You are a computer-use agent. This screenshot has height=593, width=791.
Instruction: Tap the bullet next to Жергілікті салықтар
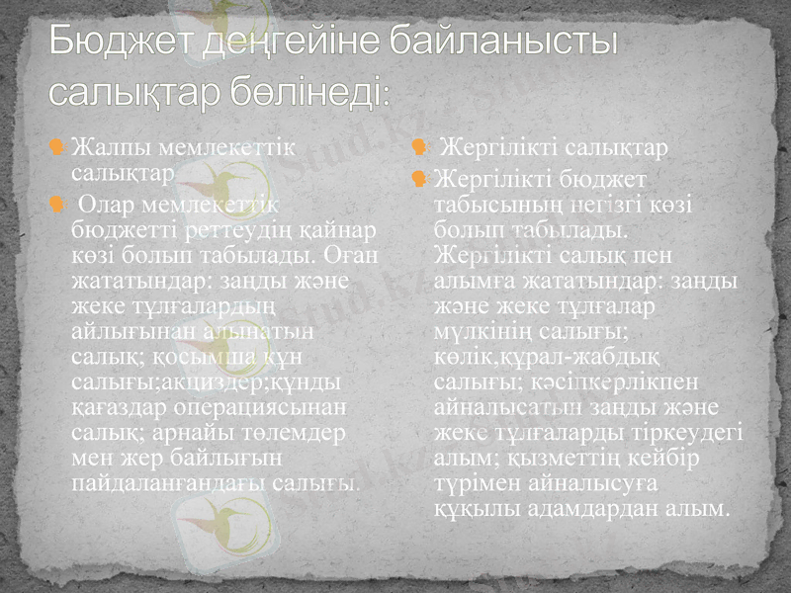(x=419, y=148)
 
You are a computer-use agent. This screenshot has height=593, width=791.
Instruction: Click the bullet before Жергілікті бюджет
(x=419, y=179)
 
